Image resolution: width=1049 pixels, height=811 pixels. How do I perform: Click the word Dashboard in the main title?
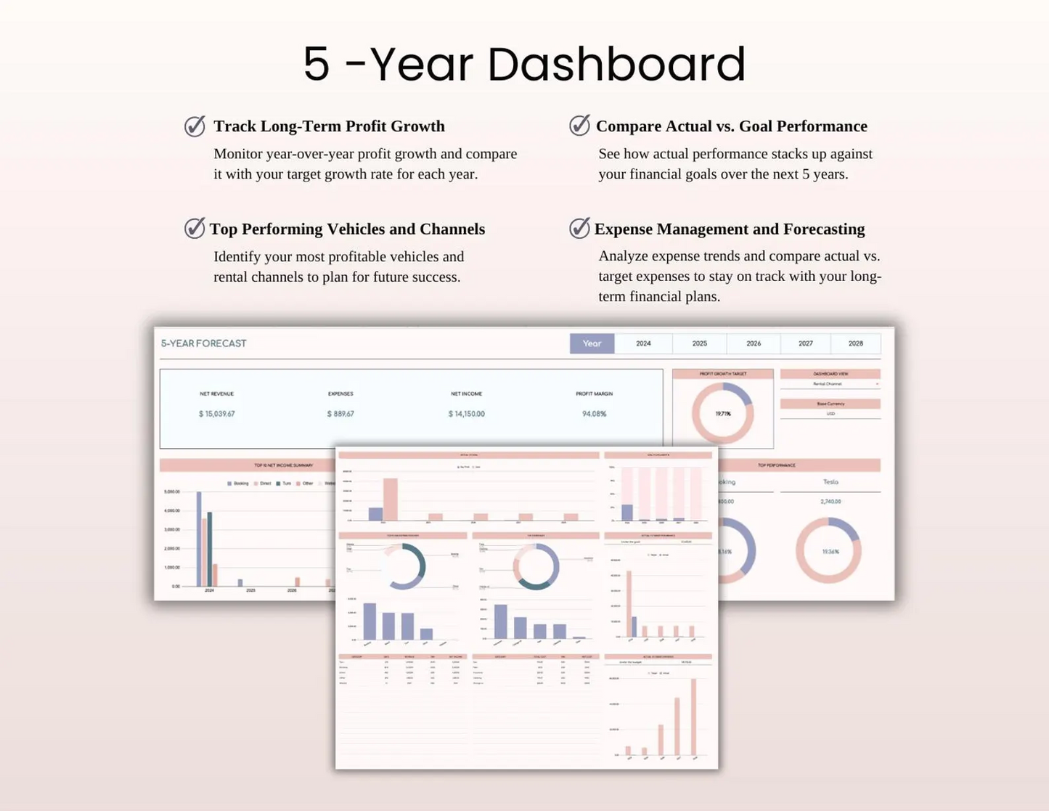[616, 64]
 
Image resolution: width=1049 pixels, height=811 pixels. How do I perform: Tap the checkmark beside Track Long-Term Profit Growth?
[195, 126]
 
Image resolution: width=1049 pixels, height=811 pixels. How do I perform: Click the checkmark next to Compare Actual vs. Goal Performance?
[579, 126]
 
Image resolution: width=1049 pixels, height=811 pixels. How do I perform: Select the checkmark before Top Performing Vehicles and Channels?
[195, 229]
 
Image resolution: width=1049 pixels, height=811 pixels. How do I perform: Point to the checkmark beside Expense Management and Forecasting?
[579, 229]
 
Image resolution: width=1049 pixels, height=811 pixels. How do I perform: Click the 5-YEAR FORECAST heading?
[203, 343]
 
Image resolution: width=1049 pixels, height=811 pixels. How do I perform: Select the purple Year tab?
[592, 343]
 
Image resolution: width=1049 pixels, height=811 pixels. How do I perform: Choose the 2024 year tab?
[643, 343]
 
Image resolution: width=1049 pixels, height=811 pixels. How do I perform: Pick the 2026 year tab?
[754, 343]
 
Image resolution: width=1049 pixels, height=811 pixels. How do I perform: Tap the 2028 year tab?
[855, 343]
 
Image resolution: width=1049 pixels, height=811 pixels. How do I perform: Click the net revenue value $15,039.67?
[217, 414]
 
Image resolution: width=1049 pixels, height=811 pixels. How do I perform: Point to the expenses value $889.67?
[340, 414]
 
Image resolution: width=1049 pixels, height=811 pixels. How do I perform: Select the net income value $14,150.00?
[466, 414]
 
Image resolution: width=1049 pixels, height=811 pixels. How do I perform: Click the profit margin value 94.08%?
[594, 414]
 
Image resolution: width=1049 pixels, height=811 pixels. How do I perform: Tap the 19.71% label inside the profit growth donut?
[723, 414]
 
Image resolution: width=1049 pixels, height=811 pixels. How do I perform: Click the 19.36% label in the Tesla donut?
[830, 552]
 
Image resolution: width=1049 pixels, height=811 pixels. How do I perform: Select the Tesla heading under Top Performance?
[830, 482]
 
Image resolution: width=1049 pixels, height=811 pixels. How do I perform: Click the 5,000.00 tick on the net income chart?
[172, 492]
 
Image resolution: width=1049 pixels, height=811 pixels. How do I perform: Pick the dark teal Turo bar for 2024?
[210, 548]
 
